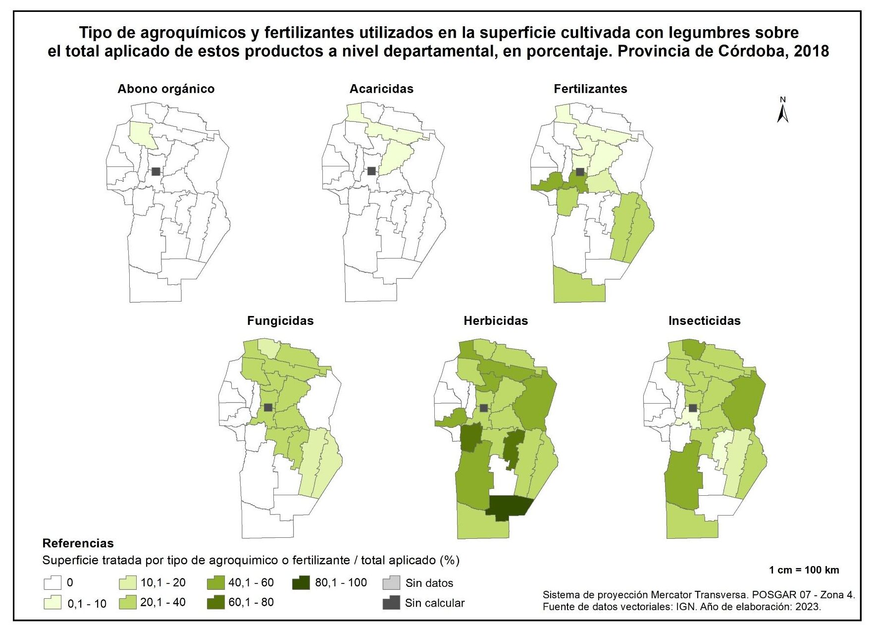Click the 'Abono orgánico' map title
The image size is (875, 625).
coord(166,89)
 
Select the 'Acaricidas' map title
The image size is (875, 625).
coord(381,89)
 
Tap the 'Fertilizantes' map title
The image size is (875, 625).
coord(590,89)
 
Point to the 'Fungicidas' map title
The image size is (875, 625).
coord(280,321)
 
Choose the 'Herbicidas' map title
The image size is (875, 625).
coord(496,321)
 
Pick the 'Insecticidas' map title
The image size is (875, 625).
coord(704,321)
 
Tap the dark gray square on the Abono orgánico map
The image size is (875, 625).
coord(156,171)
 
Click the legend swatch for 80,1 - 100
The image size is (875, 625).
coord(301,582)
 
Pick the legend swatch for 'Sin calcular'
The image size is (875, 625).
coord(391,603)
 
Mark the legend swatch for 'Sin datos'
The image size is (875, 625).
coord(391,583)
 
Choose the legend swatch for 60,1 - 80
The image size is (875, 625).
coord(215,603)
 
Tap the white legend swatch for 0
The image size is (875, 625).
coord(52,583)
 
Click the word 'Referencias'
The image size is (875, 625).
coord(78,543)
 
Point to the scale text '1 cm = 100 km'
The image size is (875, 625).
coord(804,570)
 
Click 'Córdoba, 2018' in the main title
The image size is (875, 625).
coord(773,52)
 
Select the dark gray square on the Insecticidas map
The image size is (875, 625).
coord(693,408)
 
